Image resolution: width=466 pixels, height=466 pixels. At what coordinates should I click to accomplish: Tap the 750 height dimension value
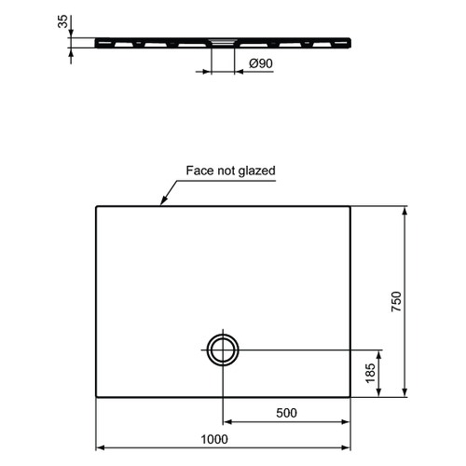pos(396,302)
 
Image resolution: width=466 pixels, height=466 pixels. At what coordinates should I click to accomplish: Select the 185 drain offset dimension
pos(370,373)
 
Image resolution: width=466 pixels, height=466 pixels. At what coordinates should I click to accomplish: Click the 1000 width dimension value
pos(214,439)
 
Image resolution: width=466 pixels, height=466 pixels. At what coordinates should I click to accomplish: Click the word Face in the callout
pos(199,171)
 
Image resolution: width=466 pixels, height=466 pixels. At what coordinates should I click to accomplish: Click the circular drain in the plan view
pos(223,349)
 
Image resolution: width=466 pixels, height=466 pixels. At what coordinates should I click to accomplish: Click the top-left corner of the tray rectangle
pos(97,207)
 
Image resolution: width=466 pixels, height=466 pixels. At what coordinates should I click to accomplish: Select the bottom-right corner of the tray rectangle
pos(350,397)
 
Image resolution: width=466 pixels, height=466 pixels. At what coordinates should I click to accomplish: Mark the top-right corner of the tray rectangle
pos(350,207)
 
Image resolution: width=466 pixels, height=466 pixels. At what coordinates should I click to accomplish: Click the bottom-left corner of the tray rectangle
pos(97,397)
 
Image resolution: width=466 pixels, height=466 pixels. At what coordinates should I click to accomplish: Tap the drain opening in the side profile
pos(223,41)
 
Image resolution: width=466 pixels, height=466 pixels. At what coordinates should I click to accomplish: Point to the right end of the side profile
pos(350,41)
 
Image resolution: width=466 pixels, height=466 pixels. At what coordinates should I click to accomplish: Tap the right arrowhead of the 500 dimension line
pos(348,421)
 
